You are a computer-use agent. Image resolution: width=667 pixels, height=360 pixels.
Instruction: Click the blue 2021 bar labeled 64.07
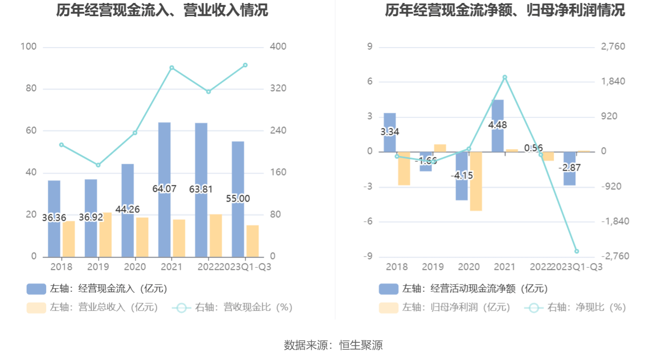[x=164, y=157]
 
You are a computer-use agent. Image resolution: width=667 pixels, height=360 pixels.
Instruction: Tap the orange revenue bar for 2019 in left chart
[x=105, y=234]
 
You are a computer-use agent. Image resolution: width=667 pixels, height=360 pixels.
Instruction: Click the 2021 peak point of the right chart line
[x=505, y=77]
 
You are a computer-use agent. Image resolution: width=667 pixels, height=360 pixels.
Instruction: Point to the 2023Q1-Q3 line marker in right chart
[x=577, y=251]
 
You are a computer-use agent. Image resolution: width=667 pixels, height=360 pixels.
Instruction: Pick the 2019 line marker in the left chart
[x=98, y=165]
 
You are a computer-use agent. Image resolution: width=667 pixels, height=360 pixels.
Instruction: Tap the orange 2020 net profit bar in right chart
[x=476, y=181]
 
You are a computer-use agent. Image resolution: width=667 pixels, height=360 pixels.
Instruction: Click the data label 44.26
[x=128, y=209]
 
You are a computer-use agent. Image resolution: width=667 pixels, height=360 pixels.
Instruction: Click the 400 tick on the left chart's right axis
[x=278, y=47]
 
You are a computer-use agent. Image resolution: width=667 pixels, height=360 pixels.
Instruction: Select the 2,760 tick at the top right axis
[x=613, y=47]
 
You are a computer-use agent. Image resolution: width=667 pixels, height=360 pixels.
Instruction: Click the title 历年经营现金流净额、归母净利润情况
[x=505, y=10]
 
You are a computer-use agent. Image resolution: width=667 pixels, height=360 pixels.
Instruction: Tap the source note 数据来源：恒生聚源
[x=333, y=345]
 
